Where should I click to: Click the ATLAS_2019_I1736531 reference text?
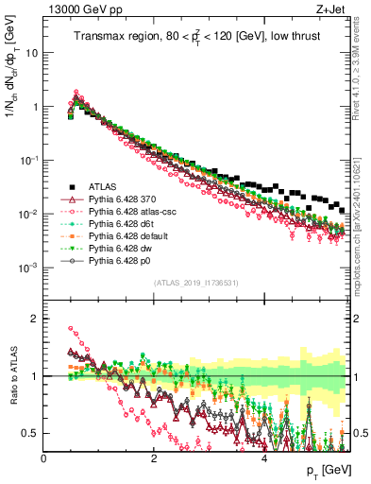[195, 283]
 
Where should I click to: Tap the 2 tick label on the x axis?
[154, 458]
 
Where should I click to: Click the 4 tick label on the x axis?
[264, 458]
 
